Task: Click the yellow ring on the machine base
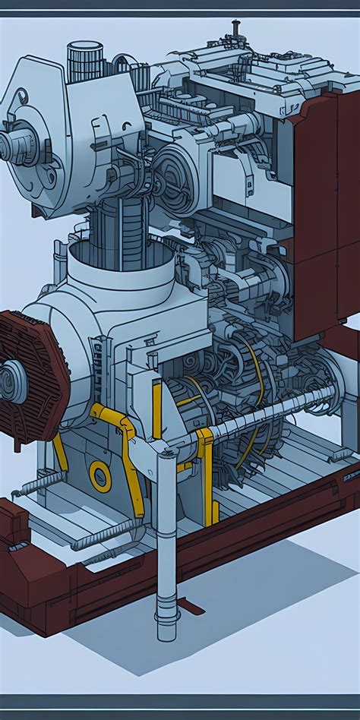click(x=99, y=475)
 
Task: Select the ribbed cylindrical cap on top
click(x=84, y=61)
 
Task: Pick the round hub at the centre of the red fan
click(x=11, y=380)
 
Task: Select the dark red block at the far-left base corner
click(x=13, y=524)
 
